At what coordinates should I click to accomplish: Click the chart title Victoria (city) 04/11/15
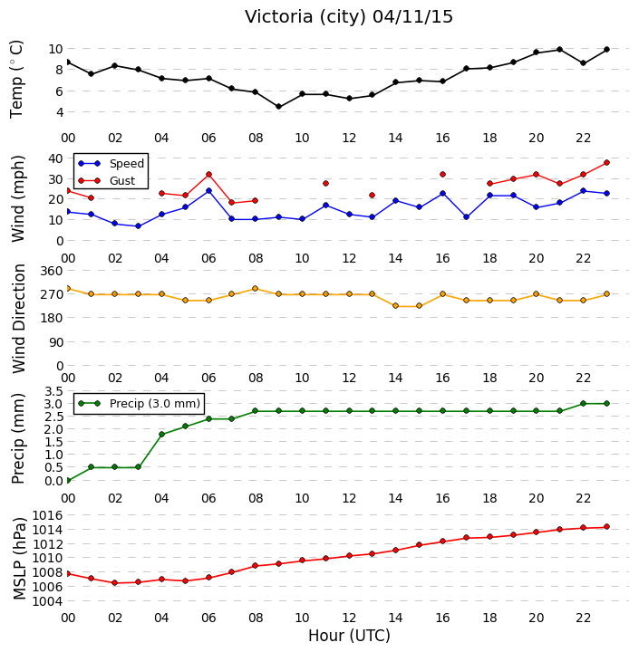pos(348,17)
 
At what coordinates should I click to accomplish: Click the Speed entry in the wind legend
pos(127,163)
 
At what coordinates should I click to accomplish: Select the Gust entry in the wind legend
pos(122,181)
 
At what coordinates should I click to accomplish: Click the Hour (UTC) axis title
pos(349,636)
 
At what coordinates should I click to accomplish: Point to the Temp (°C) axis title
pos(16,80)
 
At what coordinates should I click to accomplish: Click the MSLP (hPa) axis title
pos(19,559)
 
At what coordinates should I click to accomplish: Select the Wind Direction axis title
pos(19,319)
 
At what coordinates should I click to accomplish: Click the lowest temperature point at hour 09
pos(279,107)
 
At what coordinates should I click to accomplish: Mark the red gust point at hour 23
pos(606,163)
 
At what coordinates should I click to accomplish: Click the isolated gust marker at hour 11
pos(325,183)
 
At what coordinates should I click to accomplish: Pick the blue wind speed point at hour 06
pos(208,191)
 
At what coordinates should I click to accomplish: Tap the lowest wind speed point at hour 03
pos(138,226)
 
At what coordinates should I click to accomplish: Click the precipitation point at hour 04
pos(161,434)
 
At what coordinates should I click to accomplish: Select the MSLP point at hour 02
pos(115,583)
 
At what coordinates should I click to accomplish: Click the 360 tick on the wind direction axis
pos(52,271)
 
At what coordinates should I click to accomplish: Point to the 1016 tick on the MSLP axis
pos(47,515)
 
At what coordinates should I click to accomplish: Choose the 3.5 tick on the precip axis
pos(53,391)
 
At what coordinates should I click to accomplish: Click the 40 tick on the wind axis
pos(55,158)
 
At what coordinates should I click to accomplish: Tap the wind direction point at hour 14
pos(395,306)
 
